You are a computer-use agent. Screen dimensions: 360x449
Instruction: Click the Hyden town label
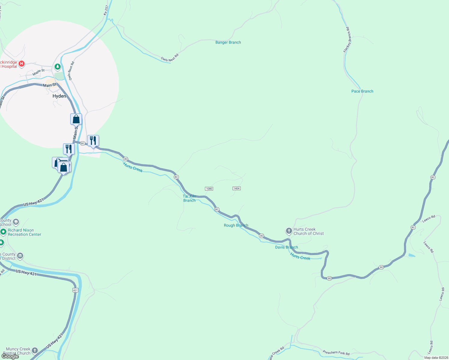[59, 96]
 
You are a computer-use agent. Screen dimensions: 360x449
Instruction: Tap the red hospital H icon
[22, 64]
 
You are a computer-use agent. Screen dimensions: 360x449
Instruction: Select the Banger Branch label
[228, 42]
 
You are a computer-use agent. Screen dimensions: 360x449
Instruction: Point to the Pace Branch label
[362, 91]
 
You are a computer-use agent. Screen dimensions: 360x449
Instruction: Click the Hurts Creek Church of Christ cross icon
[289, 231]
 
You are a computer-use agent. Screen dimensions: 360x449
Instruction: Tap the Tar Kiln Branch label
[189, 198]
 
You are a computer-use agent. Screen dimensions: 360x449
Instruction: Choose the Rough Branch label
[236, 225]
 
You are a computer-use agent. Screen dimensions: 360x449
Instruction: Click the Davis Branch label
[286, 247]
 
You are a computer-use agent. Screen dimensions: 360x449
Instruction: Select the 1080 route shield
[209, 189]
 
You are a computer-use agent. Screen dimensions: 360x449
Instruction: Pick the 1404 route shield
[237, 188]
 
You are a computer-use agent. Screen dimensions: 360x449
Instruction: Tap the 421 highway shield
[75, 290]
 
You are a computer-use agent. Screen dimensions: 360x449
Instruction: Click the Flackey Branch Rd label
[347, 40]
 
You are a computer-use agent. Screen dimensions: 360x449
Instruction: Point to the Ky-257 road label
[106, 10]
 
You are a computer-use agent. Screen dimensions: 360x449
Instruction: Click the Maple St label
[38, 72]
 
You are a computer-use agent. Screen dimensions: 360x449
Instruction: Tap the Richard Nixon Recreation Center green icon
[3, 232]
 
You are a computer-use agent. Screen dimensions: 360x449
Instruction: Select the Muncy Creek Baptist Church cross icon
[35, 350]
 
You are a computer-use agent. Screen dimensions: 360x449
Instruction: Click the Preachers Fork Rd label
[336, 353]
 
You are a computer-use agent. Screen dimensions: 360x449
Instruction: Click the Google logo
[10, 356]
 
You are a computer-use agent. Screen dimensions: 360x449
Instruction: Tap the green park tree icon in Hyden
[57, 66]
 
